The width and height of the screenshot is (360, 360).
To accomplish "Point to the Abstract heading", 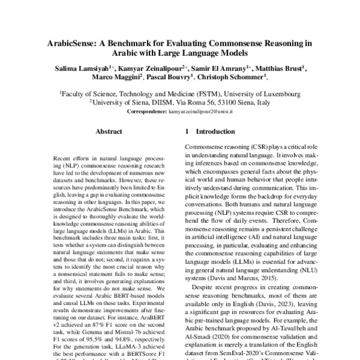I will tap(109, 131).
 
